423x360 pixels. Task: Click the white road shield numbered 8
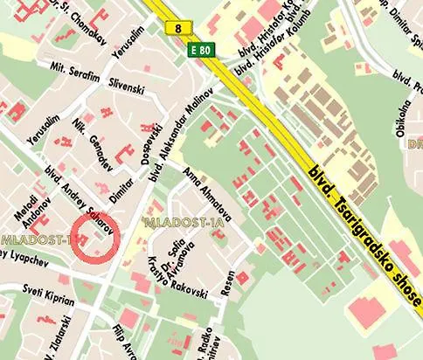click(x=179, y=28)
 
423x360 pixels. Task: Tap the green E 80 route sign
click(x=201, y=52)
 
